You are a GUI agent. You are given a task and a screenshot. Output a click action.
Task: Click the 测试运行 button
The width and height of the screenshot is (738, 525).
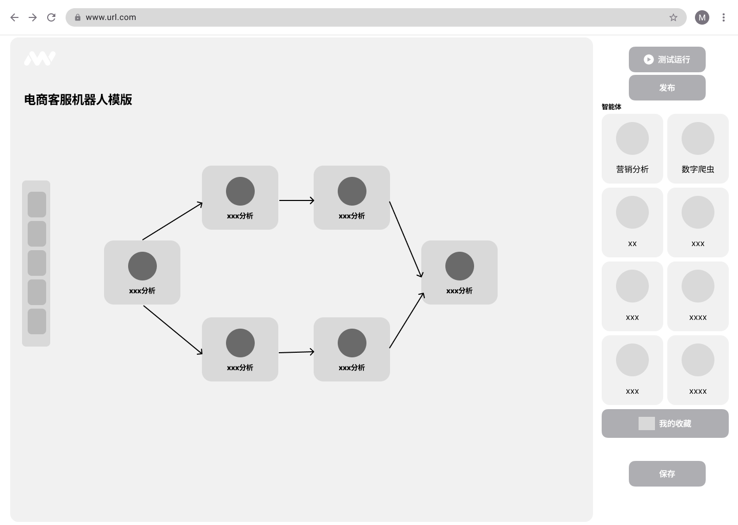pos(667,59)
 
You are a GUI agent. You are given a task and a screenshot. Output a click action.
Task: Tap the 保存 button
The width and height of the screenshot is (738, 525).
pos(667,474)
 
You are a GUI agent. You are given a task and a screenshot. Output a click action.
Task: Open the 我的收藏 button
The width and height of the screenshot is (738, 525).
pos(665,423)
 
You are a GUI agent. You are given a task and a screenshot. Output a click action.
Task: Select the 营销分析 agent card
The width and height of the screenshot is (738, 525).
pos(632,149)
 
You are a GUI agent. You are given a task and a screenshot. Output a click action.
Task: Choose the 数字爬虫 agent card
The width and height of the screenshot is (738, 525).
pos(698,149)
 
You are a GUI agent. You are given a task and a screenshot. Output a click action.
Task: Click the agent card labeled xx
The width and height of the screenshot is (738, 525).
pos(632,223)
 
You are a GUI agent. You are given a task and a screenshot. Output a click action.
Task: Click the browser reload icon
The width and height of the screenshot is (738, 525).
pos(51,17)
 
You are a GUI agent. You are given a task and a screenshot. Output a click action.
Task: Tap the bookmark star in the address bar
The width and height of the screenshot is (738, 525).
pos(673,17)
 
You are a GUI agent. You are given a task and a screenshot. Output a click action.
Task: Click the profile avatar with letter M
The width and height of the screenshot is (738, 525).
pos(702,17)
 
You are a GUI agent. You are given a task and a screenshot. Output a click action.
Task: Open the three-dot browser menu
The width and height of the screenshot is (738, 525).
pos(724,17)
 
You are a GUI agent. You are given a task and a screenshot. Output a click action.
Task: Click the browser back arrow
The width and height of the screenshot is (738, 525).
pos(14,17)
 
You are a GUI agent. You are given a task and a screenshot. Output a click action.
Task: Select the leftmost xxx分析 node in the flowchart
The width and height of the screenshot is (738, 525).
pos(142,273)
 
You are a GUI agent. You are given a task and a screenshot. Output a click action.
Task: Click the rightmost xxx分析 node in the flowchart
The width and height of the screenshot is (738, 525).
pos(459,273)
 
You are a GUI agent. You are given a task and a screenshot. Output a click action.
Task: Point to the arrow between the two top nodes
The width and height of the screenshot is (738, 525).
pos(297,200)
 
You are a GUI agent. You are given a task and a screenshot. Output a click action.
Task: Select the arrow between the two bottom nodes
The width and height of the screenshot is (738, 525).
pos(297,352)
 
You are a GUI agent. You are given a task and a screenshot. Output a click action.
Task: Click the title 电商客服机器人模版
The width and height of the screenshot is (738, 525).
pos(78,99)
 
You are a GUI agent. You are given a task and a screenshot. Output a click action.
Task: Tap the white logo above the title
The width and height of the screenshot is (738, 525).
pos(40,58)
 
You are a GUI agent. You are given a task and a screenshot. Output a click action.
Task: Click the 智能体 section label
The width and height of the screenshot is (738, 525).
pos(611,107)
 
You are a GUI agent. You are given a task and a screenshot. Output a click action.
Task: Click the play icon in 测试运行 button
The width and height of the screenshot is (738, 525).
pos(648,59)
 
